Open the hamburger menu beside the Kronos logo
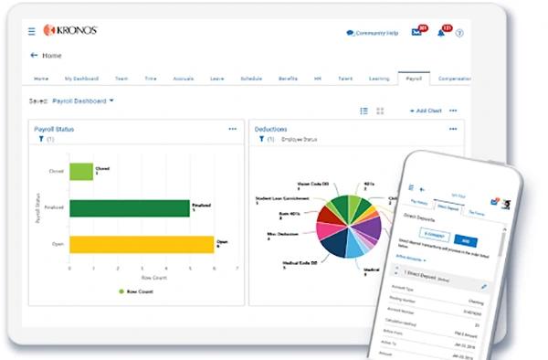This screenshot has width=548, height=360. [32, 31]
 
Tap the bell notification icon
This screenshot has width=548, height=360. [441, 32]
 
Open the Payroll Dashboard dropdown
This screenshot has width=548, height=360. [84, 101]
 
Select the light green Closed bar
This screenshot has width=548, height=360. [81, 171]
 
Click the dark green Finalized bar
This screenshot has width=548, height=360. [130, 208]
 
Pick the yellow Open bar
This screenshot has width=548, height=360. [142, 245]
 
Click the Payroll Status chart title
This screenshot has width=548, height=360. [54, 130]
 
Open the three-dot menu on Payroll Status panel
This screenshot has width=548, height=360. [233, 130]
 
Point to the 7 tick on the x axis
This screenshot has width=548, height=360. [237, 269]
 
